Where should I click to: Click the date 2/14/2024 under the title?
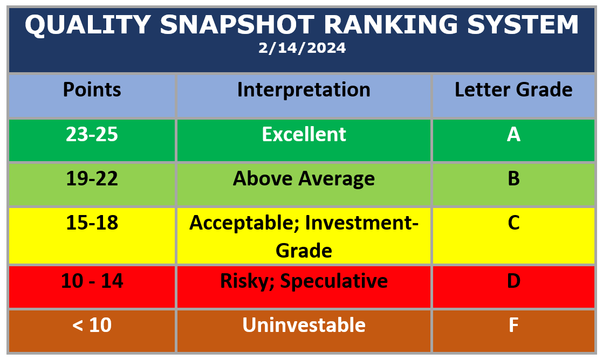coord(301,49)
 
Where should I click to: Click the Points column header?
coord(92,89)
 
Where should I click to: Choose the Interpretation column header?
coord(304,89)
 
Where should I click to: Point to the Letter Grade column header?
coord(513,89)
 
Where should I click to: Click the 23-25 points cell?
coord(92,134)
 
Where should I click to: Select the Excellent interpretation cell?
coord(304,134)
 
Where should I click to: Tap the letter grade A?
coord(513,134)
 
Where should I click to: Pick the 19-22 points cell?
coord(92,178)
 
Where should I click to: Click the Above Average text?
coord(304,178)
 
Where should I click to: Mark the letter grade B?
coord(513,178)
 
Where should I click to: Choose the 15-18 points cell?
coord(92,223)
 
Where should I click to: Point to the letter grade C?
coord(513,223)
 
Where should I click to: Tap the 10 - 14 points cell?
coord(92,281)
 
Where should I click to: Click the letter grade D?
coord(513,281)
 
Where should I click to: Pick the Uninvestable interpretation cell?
coord(304,325)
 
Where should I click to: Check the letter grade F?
coord(513,325)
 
